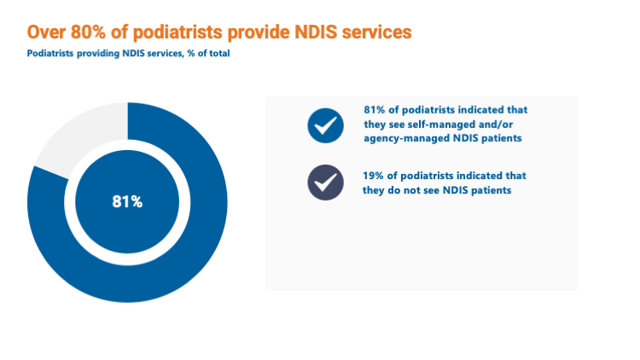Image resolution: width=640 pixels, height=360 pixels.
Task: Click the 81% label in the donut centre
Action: click(127, 201)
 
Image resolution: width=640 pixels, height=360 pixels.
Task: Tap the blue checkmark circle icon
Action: click(325, 125)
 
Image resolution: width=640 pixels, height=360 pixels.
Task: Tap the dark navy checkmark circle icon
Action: click(325, 183)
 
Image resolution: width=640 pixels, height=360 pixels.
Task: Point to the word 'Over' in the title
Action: click(46, 32)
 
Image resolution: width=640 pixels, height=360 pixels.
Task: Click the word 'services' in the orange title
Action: click(376, 32)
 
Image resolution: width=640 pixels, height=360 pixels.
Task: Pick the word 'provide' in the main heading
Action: click(259, 32)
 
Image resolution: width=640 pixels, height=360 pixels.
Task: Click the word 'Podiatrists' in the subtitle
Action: click(50, 54)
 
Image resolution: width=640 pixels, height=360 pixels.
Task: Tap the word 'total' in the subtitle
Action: click(219, 54)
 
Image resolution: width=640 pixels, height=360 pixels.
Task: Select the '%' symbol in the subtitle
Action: click(191, 54)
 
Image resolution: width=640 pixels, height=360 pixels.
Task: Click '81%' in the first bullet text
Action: click(375, 110)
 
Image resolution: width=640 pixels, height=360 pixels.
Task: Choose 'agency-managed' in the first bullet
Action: click(393, 138)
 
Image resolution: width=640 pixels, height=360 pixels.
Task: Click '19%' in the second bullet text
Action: click(373, 176)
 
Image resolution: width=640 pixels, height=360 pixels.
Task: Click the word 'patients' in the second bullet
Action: click(491, 190)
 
